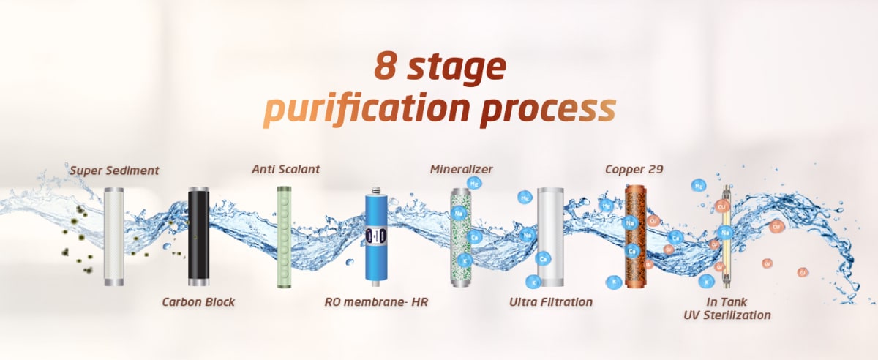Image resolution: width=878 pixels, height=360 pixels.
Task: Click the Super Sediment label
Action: coord(114,170)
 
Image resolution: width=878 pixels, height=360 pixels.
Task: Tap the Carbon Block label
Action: coord(198,302)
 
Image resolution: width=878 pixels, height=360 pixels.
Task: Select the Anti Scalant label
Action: coord(286,170)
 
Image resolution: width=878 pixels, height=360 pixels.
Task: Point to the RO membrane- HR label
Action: coord(376,302)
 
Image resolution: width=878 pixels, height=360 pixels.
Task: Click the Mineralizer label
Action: coord(462,170)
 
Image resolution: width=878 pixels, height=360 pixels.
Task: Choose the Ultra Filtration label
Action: coord(551,302)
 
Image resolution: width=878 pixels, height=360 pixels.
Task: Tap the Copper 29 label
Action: coord(634,170)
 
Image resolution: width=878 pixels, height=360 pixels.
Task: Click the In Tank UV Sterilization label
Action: coord(727,309)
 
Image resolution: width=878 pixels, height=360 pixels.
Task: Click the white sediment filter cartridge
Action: coord(114,236)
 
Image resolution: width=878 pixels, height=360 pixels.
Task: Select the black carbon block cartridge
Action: coord(198,236)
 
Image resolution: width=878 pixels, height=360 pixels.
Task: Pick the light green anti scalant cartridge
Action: coord(284,237)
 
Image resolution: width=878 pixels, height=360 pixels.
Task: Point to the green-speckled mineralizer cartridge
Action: coord(460,237)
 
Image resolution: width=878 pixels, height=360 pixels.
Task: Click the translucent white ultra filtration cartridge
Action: coord(551,237)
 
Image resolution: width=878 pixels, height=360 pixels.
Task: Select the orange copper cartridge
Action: coord(635,236)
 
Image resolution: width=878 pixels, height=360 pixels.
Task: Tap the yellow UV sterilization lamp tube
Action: coord(727,236)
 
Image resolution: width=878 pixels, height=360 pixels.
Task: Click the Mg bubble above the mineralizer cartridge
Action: coord(474,183)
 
